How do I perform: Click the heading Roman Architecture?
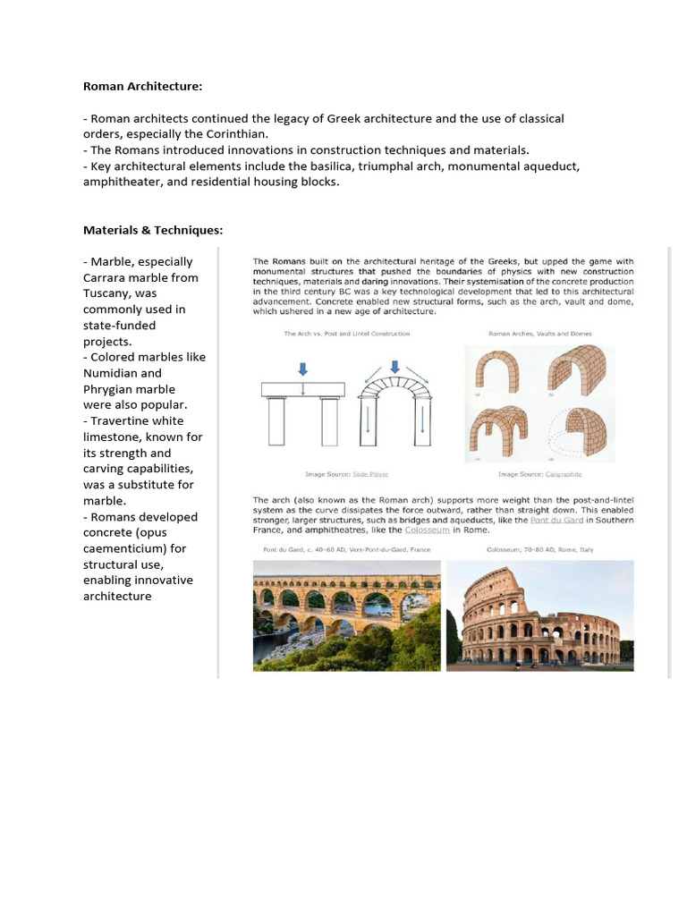[143, 87]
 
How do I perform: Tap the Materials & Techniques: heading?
[153, 230]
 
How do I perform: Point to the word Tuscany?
[108, 293]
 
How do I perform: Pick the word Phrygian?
[110, 389]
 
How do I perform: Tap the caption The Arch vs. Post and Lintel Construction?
[346, 334]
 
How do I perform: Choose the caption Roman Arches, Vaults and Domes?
[539, 334]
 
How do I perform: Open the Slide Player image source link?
[370, 474]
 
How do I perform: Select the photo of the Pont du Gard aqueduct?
[346, 615]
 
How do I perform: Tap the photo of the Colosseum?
[539, 615]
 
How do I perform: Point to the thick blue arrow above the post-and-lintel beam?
[302, 367]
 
